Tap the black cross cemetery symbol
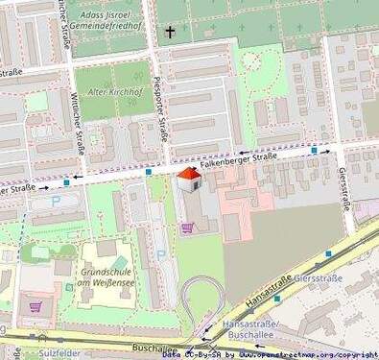coord(170,33)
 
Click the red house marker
coord(189,179)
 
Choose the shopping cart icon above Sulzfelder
coord(36,307)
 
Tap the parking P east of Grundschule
coord(161,255)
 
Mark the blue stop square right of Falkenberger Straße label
coord(315,151)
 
